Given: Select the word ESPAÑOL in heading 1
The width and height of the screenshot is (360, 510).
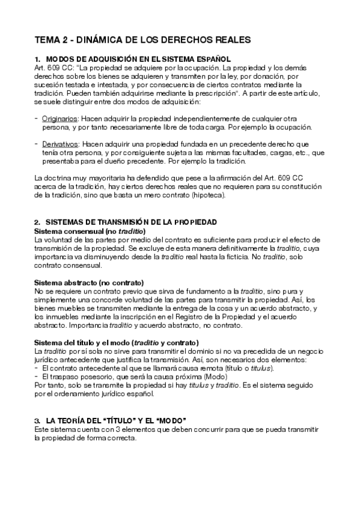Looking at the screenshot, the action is (211, 61).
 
